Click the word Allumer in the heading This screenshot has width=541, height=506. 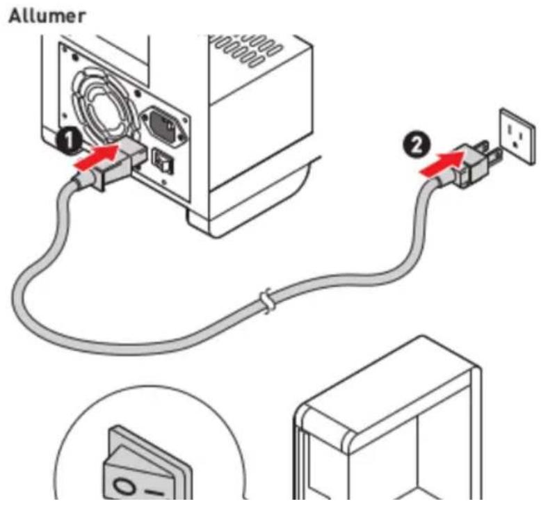[47, 17]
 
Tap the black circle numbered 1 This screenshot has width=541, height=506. [70, 140]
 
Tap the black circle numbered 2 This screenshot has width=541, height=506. [417, 145]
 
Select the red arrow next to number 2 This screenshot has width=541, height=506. [442, 163]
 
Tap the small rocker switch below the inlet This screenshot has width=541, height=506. [163, 161]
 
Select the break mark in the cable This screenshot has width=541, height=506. [267, 301]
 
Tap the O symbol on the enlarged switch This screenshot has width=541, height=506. [124, 487]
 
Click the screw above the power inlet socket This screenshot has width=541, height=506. [137, 92]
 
